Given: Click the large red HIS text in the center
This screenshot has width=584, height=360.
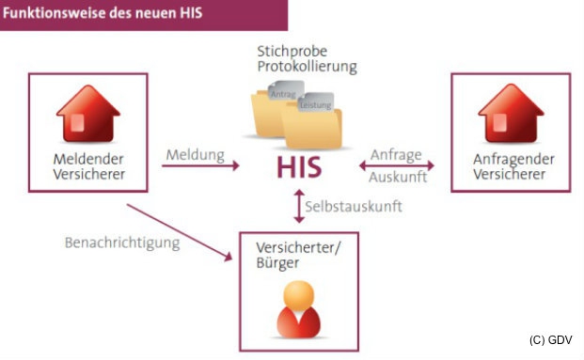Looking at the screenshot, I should coord(299,167).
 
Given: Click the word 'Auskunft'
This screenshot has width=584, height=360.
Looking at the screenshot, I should coord(399,177).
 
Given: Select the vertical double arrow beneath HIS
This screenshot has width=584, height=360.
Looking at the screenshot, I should coord(299,206).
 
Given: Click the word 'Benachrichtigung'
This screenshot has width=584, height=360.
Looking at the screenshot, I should coord(121,242).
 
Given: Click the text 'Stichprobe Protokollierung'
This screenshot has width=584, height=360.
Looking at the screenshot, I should coord(307,58).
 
